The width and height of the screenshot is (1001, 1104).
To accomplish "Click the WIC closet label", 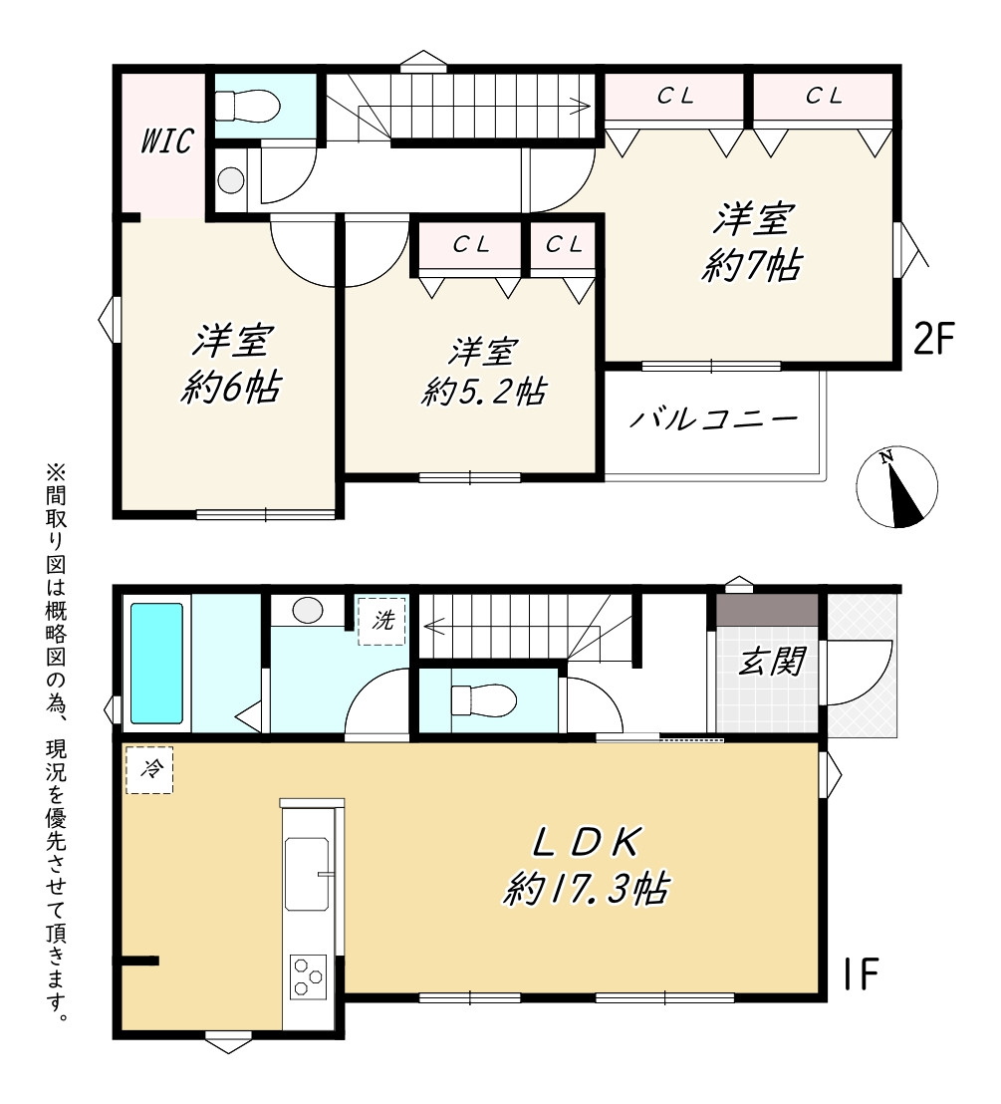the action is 166,140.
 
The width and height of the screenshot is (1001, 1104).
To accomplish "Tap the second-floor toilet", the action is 247,107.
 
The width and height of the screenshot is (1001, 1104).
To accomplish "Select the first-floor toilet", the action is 483,699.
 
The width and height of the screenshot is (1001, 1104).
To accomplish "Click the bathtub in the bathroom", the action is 157,663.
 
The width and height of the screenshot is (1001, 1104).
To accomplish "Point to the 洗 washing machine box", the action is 381,621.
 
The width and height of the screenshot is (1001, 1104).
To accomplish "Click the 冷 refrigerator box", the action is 150,769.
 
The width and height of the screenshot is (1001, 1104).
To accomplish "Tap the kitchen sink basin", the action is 307,873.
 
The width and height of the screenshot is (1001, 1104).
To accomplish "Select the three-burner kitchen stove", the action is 309,976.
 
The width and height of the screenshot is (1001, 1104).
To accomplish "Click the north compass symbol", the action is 896,486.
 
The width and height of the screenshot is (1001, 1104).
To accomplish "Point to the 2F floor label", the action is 932,340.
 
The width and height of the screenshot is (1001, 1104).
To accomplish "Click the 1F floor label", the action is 861,974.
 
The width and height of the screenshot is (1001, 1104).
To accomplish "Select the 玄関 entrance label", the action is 771,662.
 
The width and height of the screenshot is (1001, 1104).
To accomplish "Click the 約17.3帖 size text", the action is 586,889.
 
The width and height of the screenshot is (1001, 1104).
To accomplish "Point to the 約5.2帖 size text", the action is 484,392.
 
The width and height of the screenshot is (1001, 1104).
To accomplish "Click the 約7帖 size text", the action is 752,265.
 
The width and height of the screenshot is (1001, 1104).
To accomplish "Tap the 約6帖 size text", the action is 231,387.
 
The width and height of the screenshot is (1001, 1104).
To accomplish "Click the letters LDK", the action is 586,843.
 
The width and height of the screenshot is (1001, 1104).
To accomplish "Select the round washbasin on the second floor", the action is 230,180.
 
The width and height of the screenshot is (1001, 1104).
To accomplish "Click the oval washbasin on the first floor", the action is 308,610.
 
